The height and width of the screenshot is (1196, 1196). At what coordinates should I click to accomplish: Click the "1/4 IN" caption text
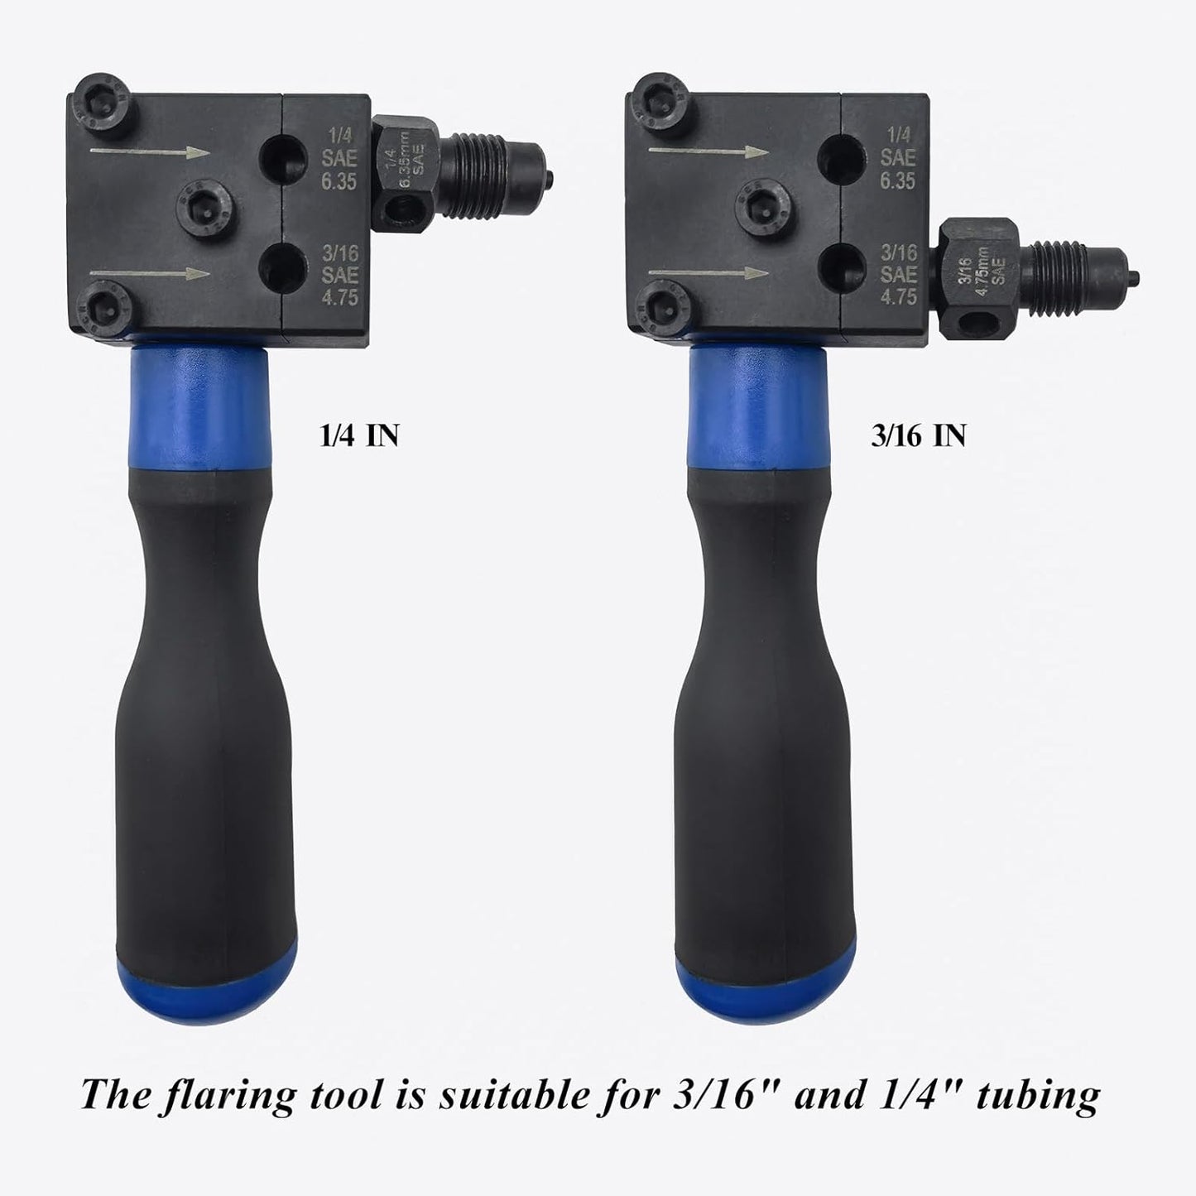click(x=359, y=435)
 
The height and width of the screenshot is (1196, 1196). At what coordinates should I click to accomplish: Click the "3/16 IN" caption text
click(x=918, y=435)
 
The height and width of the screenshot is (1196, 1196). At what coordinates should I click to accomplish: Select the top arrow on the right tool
click(x=709, y=151)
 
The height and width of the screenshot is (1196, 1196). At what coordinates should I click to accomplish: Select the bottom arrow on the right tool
click(x=709, y=273)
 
